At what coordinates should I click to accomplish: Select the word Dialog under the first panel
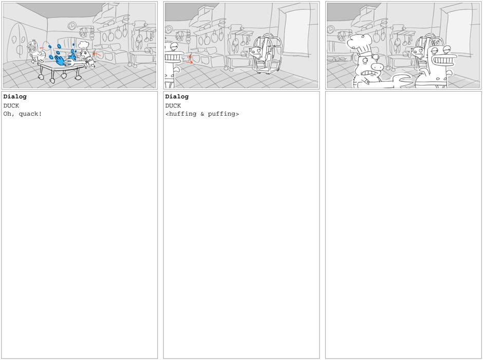pyautogui.click(x=15, y=97)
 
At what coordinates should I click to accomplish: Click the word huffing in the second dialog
pyautogui.click(x=181, y=114)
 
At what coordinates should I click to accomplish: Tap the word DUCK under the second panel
pyautogui.click(x=173, y=106)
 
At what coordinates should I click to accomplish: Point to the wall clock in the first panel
pyautogui.click(x=72, y=26)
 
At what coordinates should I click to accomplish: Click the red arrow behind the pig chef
pyautogui.click(x=97, y=55)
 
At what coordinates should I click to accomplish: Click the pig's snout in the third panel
pyautogui.click(x=378, y=66)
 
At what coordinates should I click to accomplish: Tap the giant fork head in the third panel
pyautogui.click(x=400, y=80)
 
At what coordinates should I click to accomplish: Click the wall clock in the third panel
pyautogui.click(x=330, y=30)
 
